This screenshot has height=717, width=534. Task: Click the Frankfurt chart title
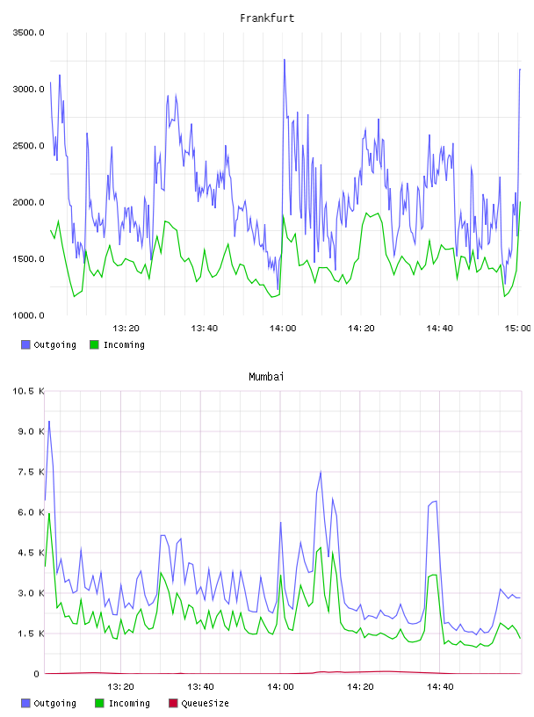tap(267, 18)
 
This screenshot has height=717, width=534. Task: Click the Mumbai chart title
tap(266, 377)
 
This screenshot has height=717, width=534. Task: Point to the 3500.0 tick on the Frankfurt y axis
tap(28, 33)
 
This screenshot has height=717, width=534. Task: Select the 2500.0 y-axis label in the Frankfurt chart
tap(28, 146)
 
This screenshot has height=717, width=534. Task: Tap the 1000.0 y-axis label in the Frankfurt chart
tap(28, 315)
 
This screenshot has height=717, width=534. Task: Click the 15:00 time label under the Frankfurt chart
tap(517, 329)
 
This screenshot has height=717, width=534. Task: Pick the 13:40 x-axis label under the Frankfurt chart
tap(204, 329)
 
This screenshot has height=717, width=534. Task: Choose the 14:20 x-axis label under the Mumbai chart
tap(360, 687)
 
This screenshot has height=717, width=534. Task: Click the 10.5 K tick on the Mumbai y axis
tap(28, 391)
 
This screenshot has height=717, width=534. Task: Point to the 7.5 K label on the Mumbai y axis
tap(31, 472)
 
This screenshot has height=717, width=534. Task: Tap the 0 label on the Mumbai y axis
tap(37, 674)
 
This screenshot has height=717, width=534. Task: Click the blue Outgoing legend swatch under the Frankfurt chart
tap(25, 344)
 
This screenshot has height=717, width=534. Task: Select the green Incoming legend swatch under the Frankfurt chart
tap(94, 344)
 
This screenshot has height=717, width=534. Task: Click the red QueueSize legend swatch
tap(173, 703)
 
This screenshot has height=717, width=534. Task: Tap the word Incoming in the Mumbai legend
tap(129, 703)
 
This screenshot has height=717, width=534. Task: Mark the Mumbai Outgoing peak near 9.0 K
tap(49, 422)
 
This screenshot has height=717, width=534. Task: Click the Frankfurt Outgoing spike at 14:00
tap(285, 60)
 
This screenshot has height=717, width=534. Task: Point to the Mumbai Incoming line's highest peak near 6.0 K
tap(49, 513)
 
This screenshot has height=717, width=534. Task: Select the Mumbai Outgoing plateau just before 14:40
tap(432, 503)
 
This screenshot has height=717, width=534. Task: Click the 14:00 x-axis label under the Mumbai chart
tap(280, 687)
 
